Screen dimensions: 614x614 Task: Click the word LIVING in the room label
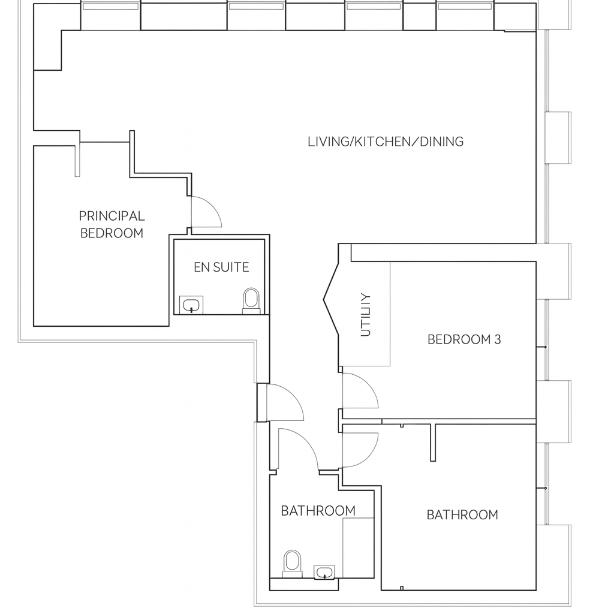(327, 142)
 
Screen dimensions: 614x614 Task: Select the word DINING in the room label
(441, 142)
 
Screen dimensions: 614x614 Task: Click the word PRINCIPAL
(112, 216)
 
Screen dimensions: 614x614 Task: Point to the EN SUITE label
(221, 267)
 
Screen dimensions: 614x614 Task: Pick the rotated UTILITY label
(366, 314)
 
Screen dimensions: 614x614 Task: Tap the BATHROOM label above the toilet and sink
(318, 511)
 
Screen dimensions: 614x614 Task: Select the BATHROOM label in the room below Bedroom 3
(462, 515)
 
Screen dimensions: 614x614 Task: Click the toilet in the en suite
(251, 300)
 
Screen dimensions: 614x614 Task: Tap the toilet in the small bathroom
(292, 562)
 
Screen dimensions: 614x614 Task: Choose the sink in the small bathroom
(325, 572)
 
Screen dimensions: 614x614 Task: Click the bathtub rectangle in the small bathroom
(358, 548)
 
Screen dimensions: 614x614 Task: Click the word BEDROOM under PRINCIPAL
(112, 233)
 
